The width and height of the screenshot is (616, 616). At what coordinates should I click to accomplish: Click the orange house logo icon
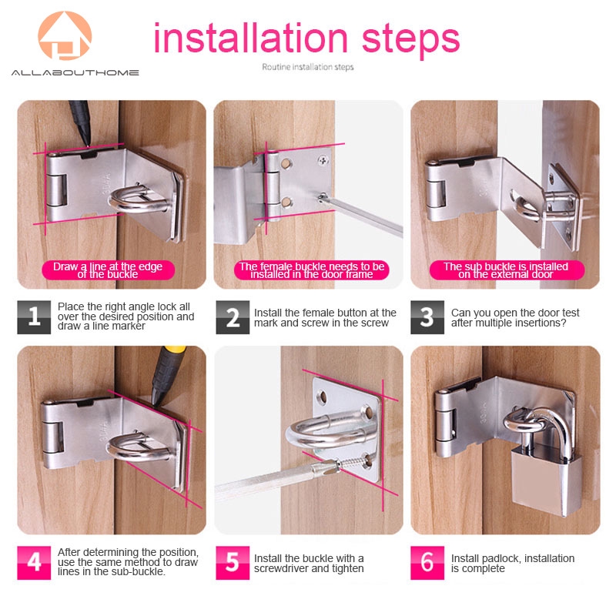coord(65,35)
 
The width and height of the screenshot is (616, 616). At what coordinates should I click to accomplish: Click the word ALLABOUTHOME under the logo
coord(75,72)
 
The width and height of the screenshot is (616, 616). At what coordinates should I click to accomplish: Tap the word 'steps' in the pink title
coord(410,39)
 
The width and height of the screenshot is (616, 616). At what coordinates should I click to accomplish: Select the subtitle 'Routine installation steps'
coord(307,67)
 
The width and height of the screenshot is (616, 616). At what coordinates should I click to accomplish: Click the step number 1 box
coord(34,317)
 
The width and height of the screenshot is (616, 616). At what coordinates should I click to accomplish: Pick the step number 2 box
coord(233,317)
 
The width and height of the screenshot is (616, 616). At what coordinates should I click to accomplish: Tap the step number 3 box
coord(427,317)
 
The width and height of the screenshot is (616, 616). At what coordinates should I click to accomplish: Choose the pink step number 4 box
coord(34,563)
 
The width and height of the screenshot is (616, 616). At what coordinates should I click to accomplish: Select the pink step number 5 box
coord(233,563)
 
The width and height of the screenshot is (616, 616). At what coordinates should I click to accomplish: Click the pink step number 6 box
coord(427,563)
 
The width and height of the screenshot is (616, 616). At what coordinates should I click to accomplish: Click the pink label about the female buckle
coord(312,270)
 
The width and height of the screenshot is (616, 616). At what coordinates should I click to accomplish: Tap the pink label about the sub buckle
coord(507,270)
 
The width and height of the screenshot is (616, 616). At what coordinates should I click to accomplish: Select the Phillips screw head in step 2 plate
coord(323,160)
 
